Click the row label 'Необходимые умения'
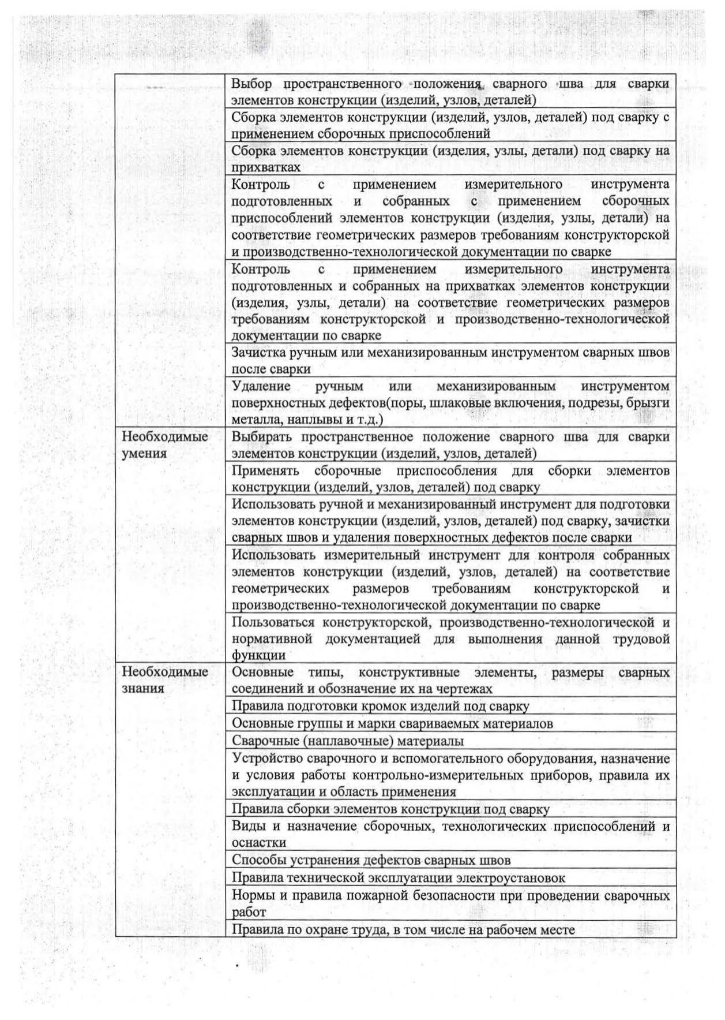click(x=164, y=444)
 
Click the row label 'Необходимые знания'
click(x=164, y=680)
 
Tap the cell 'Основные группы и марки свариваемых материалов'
click(x=392, y=723)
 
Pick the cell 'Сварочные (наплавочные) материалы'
click(x=348, y=741)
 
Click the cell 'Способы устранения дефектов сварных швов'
click(x=371, y=860)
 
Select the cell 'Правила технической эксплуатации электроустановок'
click(x=398, y=878)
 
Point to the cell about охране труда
click(x=403, y=929)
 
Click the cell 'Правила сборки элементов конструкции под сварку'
click(x=390, y=809)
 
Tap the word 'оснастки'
click(x=259, y=843)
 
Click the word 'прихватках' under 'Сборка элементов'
click(x=266, y=167)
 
